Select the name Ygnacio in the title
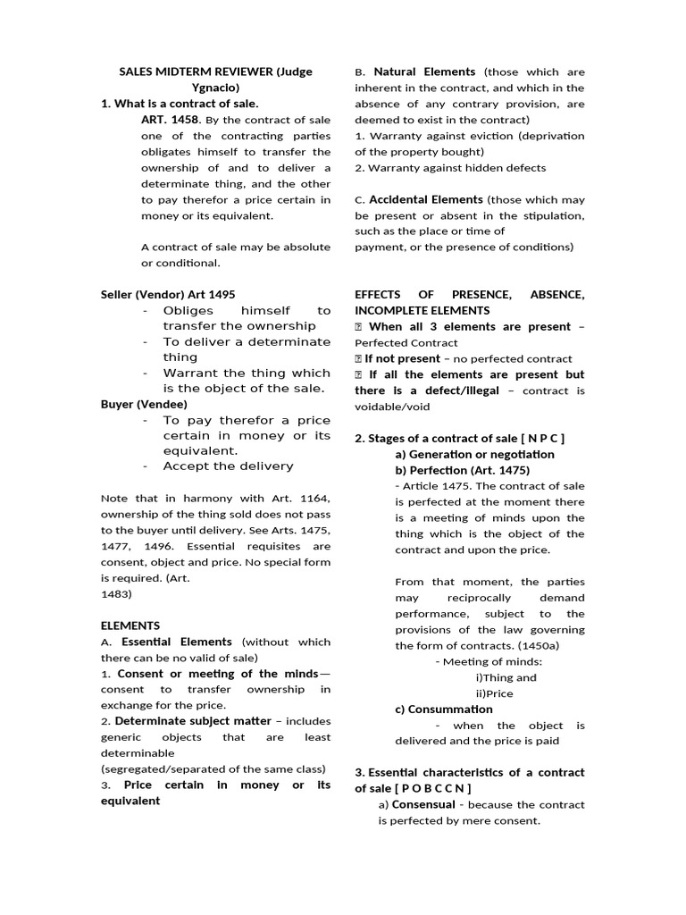click(x=215, y=88)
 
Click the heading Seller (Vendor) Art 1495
click(x=168, y=293)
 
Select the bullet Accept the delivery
click(x=228, y=466)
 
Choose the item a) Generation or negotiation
click(x=474, y=454)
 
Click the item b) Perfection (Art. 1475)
click(x=462, y=470)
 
